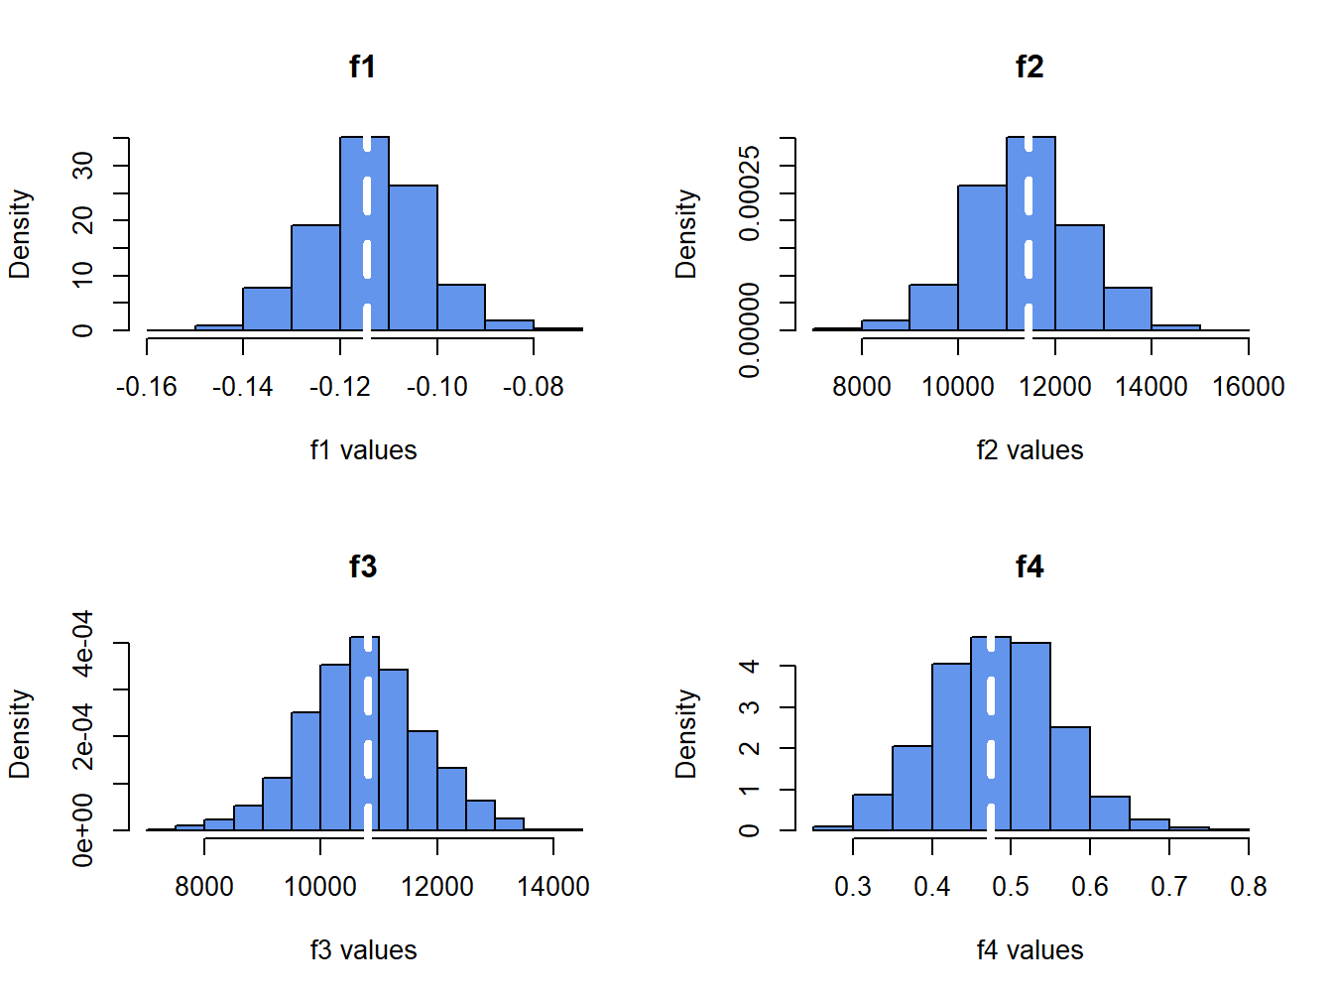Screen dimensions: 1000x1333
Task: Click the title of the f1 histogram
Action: (363, 66)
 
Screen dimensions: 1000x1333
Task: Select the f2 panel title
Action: (1030, 66)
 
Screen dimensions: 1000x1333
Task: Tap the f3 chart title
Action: (363, 566)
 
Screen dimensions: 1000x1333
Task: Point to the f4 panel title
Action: (1030, 566)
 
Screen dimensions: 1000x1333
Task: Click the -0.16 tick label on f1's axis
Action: (146, 387)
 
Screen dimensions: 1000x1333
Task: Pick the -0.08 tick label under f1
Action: (534, 387)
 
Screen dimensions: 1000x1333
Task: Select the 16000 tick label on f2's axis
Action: (1248, 387)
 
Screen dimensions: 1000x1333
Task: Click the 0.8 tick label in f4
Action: (1248, 887)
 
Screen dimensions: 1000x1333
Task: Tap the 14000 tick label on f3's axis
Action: (553, 887)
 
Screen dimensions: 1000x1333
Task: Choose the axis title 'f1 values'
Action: (363, 450)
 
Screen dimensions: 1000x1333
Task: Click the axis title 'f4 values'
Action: (1030, 950)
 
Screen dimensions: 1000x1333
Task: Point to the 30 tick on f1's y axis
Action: (83, 165)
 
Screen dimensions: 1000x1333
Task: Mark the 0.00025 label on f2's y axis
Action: (750, 192)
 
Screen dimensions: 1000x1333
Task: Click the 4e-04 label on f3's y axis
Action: (83, 643)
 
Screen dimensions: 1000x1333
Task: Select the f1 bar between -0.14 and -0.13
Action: (267, 309)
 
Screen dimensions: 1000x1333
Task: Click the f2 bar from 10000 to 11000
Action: (982, 258)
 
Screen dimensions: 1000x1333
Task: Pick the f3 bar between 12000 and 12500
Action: (451, 799)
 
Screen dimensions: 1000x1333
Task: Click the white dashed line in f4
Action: (991, 734)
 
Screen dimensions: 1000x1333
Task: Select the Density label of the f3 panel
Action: (20, 734)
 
